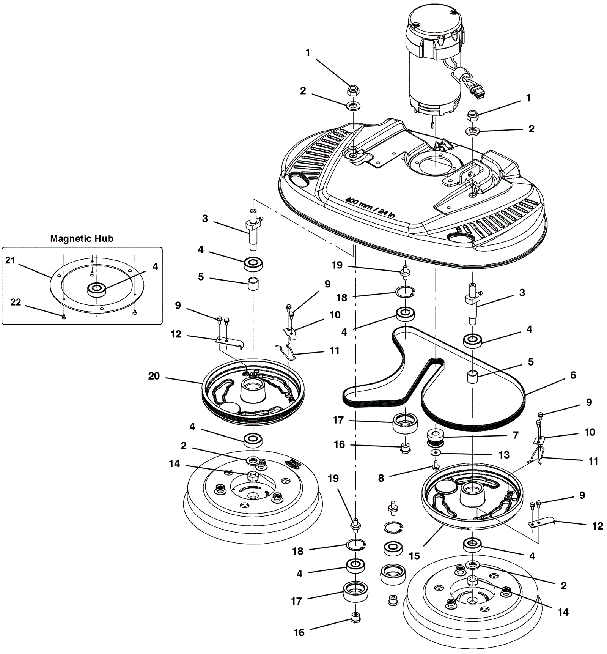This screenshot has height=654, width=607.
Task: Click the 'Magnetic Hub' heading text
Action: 82,238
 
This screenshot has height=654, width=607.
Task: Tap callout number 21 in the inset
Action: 10,260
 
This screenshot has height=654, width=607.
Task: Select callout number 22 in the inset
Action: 16,302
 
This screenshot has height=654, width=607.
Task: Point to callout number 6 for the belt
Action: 573,375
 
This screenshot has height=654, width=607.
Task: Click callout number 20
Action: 154,376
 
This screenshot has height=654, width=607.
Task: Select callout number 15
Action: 414,556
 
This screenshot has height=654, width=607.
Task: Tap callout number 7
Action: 516,435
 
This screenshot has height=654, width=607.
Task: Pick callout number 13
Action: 504,455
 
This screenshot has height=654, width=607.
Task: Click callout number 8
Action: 381,478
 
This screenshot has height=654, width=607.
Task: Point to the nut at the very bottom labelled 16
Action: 355,618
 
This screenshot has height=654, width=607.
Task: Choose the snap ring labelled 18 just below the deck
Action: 405,292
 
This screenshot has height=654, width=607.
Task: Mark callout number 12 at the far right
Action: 598,526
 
